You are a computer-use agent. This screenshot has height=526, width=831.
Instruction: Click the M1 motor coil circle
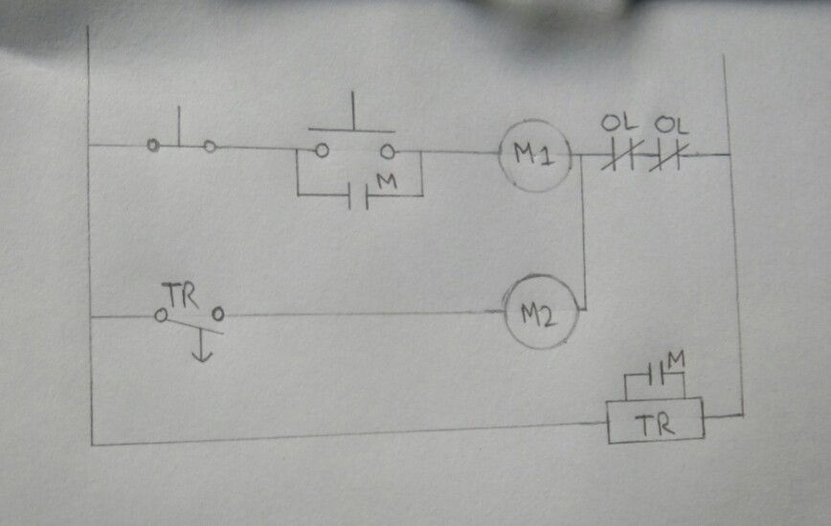coord(534,155)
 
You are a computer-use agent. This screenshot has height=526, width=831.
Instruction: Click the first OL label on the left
coord(614,124)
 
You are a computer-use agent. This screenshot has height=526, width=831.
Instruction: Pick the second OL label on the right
coord(671,124)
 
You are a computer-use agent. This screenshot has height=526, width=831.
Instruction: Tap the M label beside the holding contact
coord(386,180)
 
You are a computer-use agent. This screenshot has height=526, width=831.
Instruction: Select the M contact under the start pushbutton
coord(359,195)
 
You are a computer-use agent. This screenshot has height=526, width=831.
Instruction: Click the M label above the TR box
coord(677,359)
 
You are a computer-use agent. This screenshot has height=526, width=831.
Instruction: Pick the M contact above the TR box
coord(656,374)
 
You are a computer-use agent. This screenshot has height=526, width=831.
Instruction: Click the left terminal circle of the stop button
coord(153,146)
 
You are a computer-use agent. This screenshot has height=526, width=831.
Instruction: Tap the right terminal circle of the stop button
coord(210,147)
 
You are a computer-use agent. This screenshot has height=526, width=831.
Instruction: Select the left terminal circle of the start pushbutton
coord(322,150)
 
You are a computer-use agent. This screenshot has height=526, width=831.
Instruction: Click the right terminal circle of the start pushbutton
coord(387,151)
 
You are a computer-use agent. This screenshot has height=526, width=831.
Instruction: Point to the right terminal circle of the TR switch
coord(218,313)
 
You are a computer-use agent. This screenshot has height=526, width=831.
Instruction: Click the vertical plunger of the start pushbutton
coord(353,111)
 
